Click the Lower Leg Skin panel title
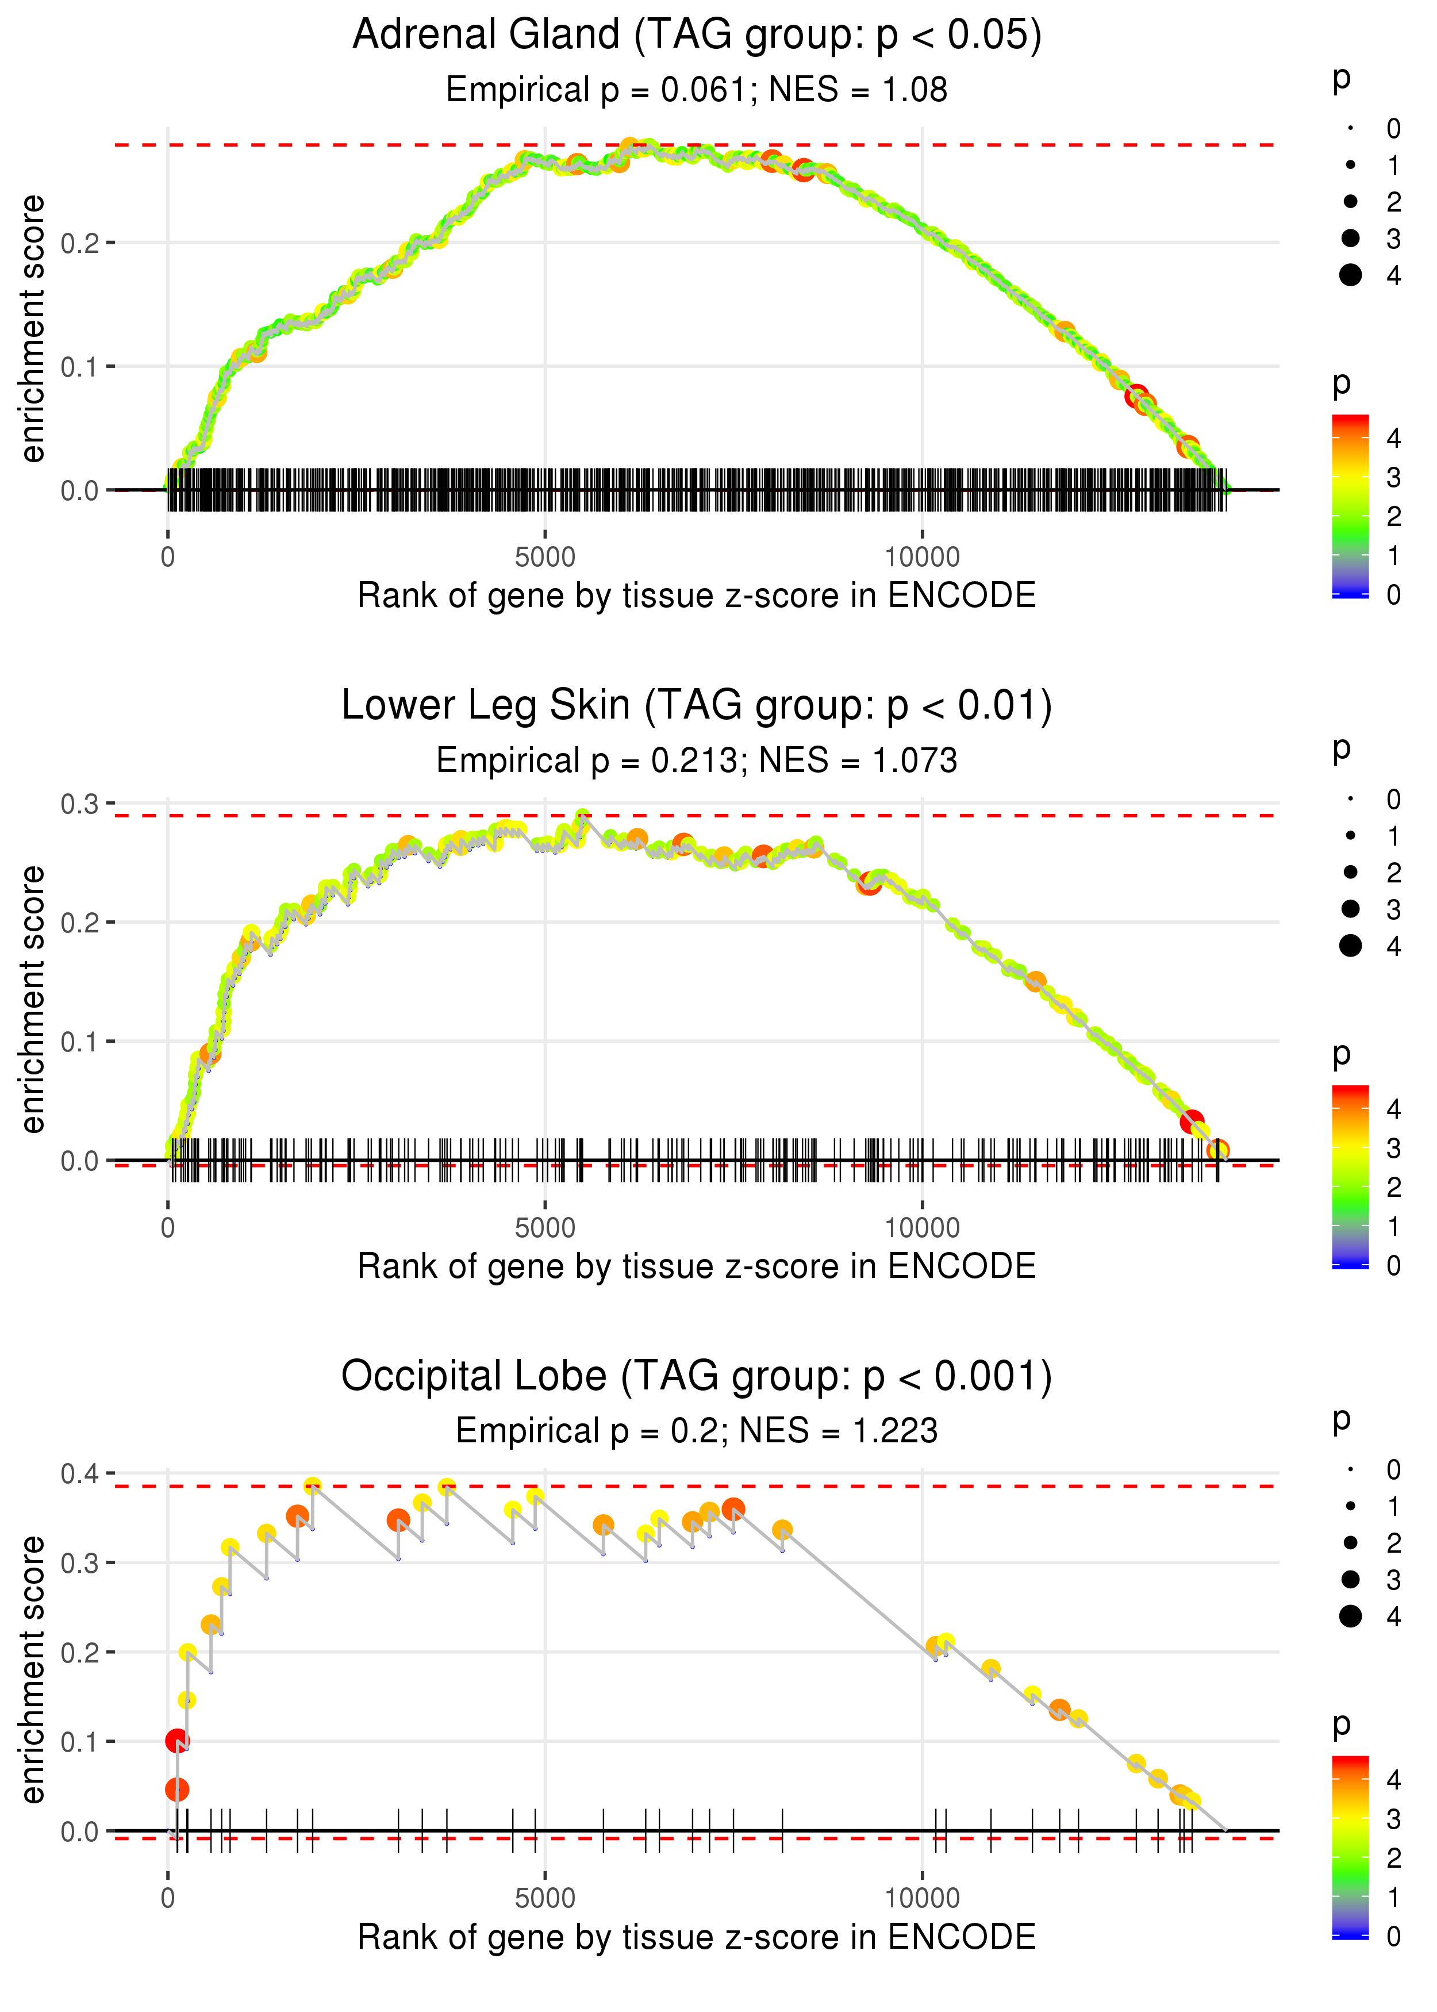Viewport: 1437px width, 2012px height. [x=697, y=706]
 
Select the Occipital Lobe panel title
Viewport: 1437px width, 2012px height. [x=697, y=1377]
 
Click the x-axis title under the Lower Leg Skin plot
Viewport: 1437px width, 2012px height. [x=697, y=1267]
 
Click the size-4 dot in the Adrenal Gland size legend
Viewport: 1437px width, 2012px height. [x=1350, y=275]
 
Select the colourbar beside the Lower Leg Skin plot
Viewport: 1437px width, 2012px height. [x=1350, y=1177]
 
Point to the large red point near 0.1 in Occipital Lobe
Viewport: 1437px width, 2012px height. [x=177, y=1741]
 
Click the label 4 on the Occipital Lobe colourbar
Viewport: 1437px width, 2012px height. [x=1394, y=1779]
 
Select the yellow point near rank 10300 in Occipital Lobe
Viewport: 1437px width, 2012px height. [x=946, y=1643]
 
